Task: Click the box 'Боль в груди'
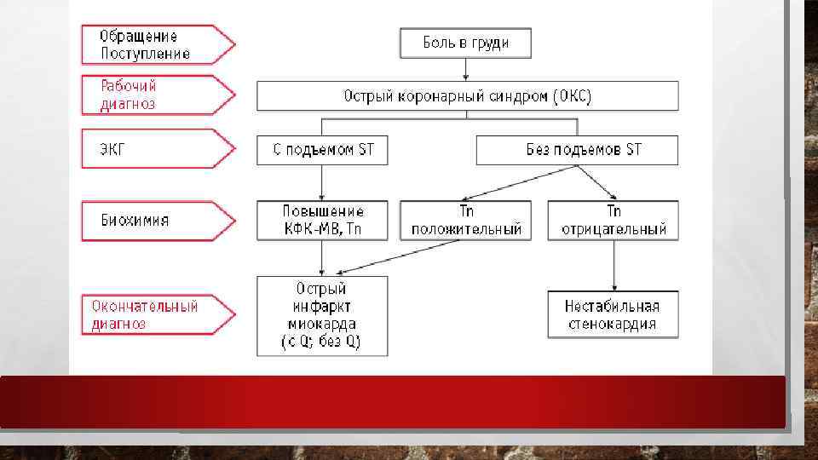pyautogui.click(x=465, y=43)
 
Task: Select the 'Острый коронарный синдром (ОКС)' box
pyautogui.click(x=467, y=95)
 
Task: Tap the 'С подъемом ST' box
pyautogui.click(x=322, y=151)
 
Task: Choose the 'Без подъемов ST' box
pyautogui.click(x=577, y=151)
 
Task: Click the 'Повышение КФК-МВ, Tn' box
pyautogui.click(x=322, y=220)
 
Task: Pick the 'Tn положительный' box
pyautogui.click(x=465, y=220)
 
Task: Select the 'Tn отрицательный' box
pyautogui.click(x=613, y=220)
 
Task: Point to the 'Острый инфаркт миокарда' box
pyautogui.click(x=322, y=315)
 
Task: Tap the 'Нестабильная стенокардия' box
pyautogui.click(x=612, y=314)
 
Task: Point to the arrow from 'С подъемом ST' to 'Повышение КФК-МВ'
pyautogui.click(x=322, y=182)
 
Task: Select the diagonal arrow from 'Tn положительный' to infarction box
pyautogui.click(x=392, y=257)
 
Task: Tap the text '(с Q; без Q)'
pyautogui.click(x=322, y=342)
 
